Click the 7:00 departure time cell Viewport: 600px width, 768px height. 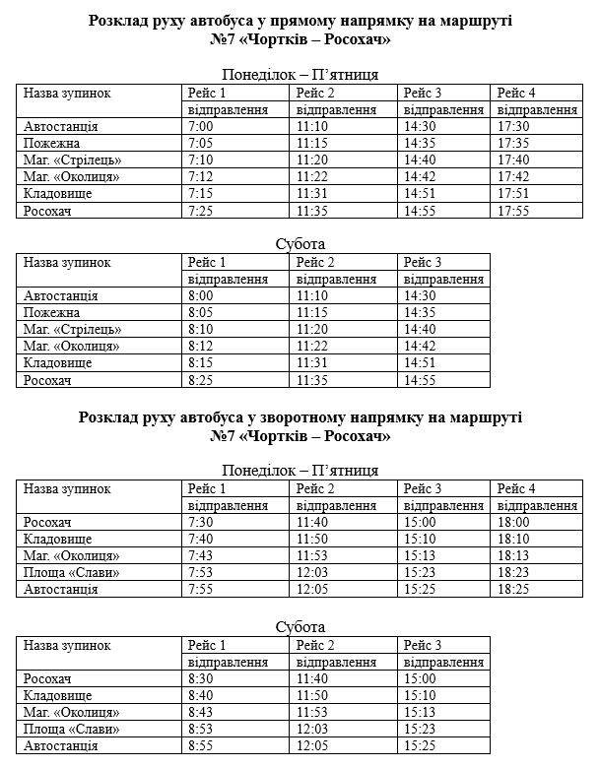(x=200, y=127)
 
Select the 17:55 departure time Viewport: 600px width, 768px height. (x=515, y=211)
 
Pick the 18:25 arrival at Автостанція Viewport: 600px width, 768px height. (x=515, y=589)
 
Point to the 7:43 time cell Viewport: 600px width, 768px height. (x=200, y=555)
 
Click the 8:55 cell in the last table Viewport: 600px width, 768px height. (x=200, y=746)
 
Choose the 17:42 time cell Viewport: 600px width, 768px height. (x=515, y=177)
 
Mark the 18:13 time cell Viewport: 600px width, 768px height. (x=515, y=555)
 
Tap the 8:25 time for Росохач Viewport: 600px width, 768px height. (x=200, y=380)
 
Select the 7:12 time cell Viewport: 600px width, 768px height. (x=200, y=177)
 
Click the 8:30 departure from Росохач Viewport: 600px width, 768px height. (x=200, y=679)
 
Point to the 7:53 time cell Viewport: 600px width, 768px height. (x=200, y=572)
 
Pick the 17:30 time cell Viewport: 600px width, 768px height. (x=515, y=127)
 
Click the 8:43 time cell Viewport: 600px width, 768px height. (x=200, y=713)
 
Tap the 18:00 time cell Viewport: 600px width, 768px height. (x=515, y=522)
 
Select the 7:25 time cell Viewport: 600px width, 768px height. (x=200, y=211)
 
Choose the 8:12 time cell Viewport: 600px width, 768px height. (x=200, y=347)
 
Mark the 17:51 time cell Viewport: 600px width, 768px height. (x=515, y=194)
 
